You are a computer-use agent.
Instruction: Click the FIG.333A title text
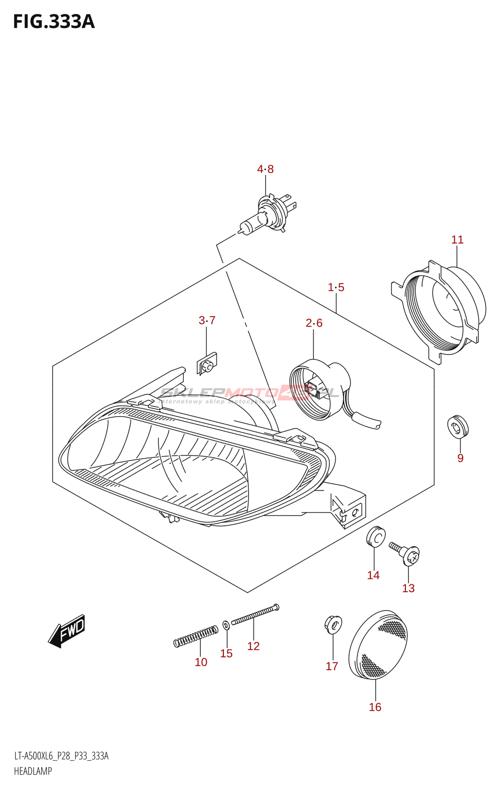click(54, 22)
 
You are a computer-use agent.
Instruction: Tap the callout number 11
click(457, 240)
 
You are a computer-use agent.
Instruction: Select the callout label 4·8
click(265, 169)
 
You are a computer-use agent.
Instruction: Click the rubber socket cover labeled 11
click(441, 311)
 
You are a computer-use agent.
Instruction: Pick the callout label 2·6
click(314, 323)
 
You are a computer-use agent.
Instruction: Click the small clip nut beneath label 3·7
click(207, 364)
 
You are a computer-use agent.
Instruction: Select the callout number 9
click(460, 458)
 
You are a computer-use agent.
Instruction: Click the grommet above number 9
click(458, 427)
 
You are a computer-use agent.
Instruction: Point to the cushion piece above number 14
click(376, 537)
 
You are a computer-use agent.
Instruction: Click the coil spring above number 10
click(196, 636)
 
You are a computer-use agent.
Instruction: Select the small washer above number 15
click(226, 625)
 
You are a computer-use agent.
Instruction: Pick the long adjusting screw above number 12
click(254, 615)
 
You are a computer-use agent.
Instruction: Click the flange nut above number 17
click(333, 624)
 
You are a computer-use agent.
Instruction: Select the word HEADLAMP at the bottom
click(33, 771)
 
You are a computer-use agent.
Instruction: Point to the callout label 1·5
click(336, 287)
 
